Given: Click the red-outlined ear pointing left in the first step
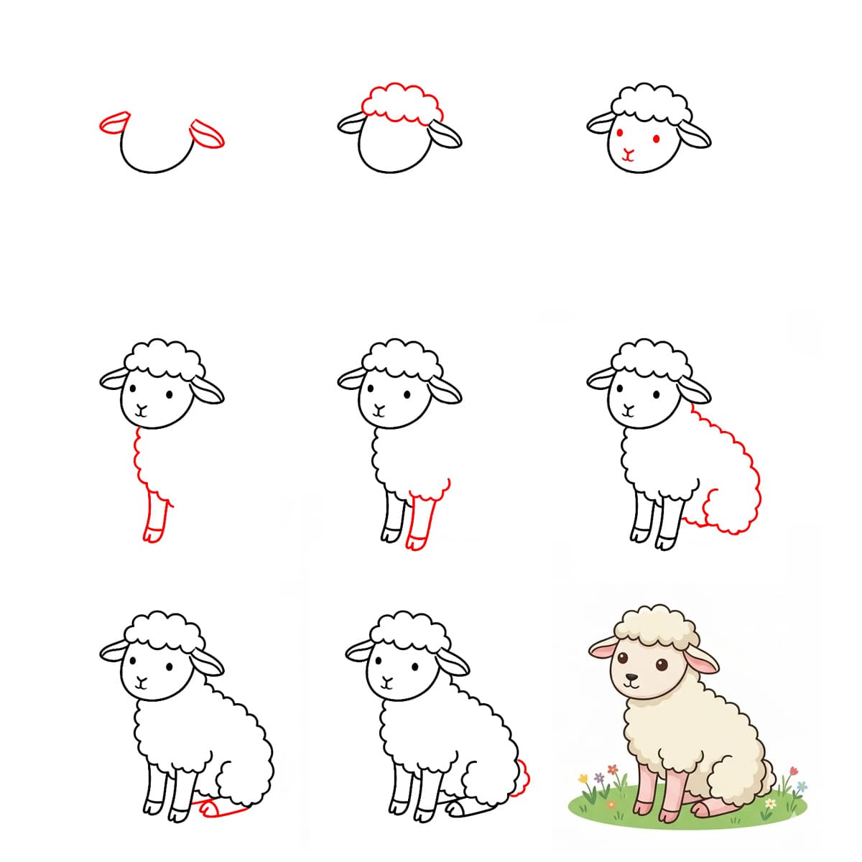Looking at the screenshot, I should point(113,123).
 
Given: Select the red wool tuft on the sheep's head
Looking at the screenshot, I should point(402,104).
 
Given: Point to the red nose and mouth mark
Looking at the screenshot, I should point(629,154).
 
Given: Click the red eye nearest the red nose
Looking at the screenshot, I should point(619,134).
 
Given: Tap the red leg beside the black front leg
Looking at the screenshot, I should point(422,521).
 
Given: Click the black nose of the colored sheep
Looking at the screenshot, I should point(630,677).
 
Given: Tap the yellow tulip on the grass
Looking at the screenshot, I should point(583,778).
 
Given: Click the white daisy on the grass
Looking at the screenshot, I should point(770,803).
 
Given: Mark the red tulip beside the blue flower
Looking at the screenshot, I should point(792,771).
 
